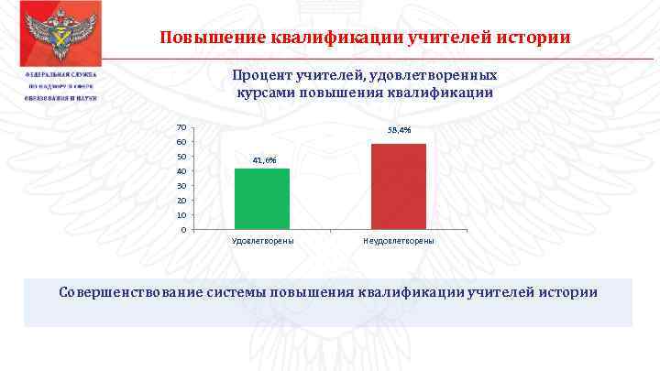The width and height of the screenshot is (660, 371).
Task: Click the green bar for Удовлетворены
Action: coord(261,198)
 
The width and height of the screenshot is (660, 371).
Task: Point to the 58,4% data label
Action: coord(399,132)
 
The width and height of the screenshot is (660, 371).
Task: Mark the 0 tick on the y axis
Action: coord(184,229)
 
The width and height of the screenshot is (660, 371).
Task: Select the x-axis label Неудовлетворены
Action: coord(399,240)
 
